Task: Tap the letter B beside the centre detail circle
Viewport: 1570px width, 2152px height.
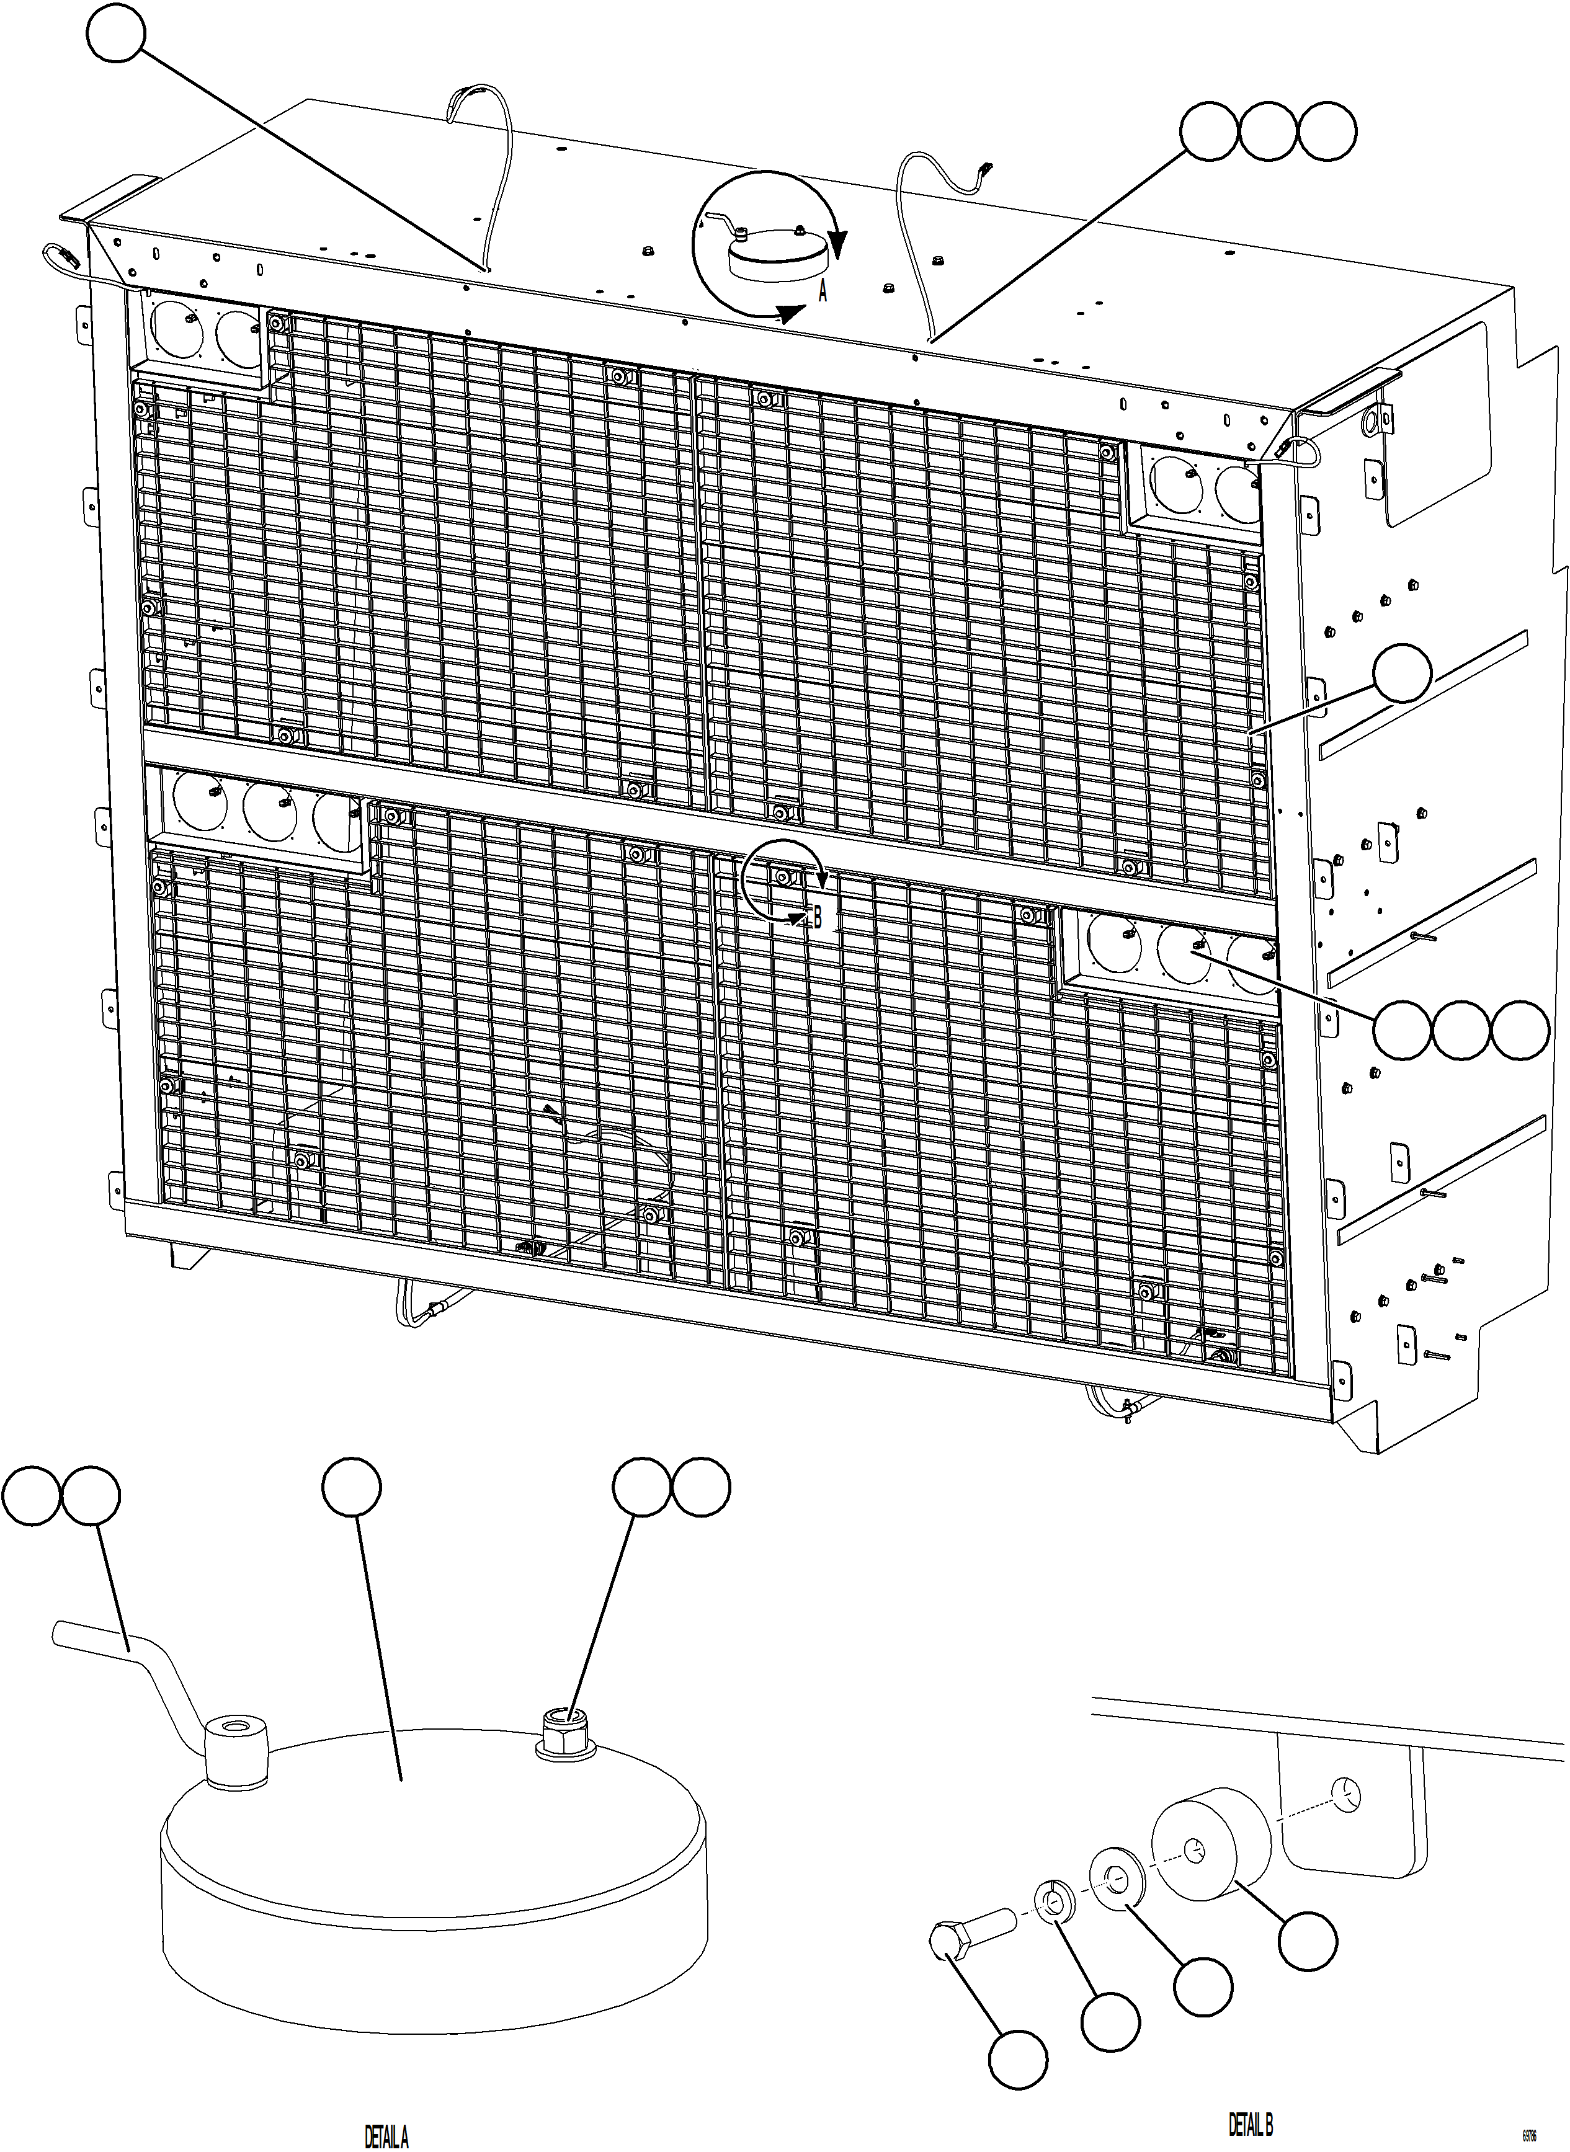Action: [x=816, y=918]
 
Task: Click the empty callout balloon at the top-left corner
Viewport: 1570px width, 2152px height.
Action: [x=116, y=33]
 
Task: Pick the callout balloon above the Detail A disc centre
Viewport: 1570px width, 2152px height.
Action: [x=352, y=1490]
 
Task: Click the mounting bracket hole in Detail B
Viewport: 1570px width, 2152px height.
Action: [x=1347, y=1794]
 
